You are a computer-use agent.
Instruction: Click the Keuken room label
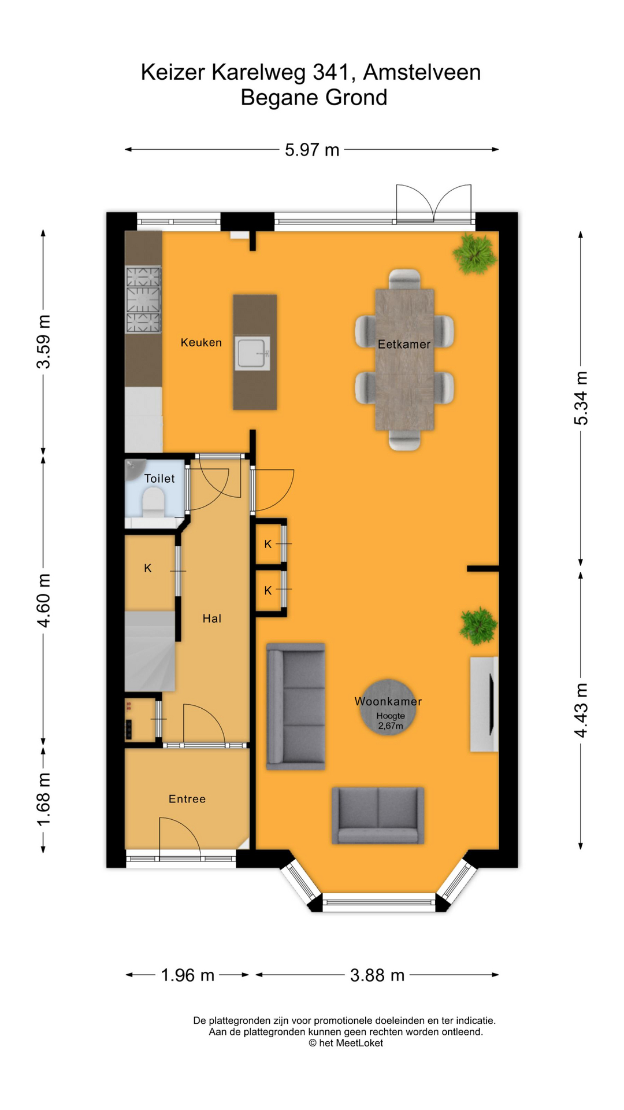[201, 342]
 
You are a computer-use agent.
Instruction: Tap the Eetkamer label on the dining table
[404, 344]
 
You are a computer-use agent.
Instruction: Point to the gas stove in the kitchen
[143, 299]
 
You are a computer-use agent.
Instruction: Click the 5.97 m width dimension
[312, 150]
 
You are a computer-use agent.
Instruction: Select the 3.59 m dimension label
[44, 342]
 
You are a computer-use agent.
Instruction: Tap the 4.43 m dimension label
[581, 710]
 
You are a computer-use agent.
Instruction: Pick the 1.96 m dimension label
[188, 975]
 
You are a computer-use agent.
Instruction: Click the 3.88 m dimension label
[377, 975]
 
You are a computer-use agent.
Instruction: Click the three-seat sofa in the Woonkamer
[295, 706]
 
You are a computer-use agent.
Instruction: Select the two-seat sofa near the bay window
[378, 815]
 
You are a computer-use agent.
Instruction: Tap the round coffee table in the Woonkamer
[388, 707]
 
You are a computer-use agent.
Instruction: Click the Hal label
[212, 619]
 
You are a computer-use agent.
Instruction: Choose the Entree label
[187, 799]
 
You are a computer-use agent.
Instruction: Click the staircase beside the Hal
[150, 651]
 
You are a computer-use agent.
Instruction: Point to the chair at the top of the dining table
[404, 279]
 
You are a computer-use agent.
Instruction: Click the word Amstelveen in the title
[422, 72]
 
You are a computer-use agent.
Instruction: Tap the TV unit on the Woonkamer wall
[484, 704]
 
